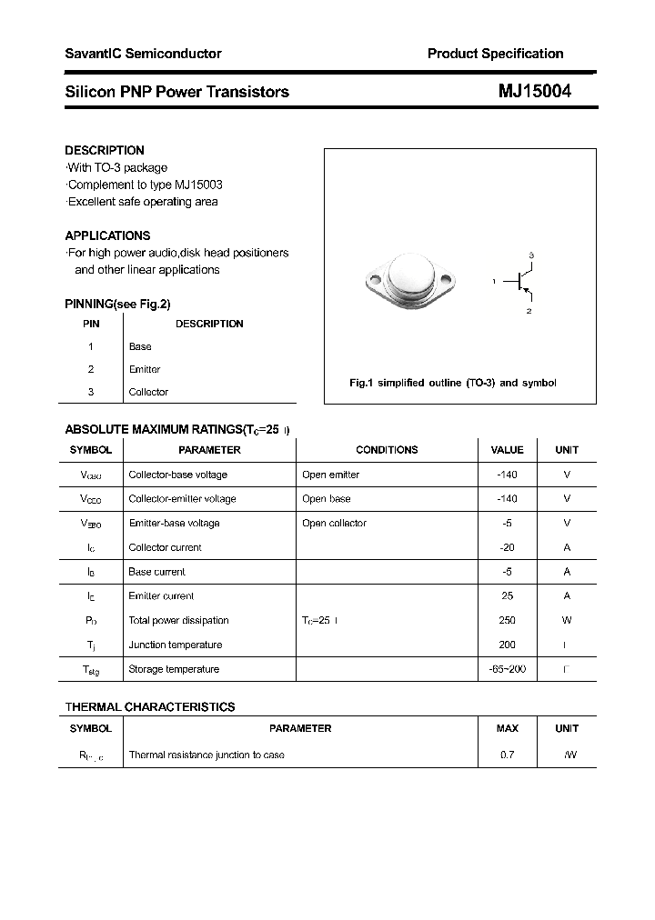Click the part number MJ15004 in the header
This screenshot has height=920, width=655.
click(x=534, y=91)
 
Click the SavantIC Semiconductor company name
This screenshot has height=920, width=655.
click(x=143, y=54)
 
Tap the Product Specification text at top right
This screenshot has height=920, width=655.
click(x=495, y=54)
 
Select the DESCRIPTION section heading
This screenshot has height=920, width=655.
click(x=105, y=150)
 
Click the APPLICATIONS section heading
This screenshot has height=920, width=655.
click(x=107, y=235)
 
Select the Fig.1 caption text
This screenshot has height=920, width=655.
click(x=452, y=383)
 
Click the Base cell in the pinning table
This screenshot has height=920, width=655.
click(x=140, y=346)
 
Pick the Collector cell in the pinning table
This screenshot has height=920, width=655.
click(x=148, y=392)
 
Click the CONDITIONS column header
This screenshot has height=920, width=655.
click(x=387, y=450)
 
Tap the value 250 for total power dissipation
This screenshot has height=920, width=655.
click(x=507, y=620)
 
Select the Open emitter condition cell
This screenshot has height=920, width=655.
click(x=330, y=475)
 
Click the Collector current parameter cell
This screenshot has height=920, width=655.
click(x=165, y=547)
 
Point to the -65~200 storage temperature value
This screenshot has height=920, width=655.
click(x=507, y=669)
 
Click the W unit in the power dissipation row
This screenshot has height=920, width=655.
click(x=567, y=620)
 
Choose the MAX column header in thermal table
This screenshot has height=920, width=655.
click(x=507, y=728)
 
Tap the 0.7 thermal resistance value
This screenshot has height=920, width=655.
click(x=507, y=755)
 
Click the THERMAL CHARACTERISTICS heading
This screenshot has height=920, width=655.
click(x=149, y=706)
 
